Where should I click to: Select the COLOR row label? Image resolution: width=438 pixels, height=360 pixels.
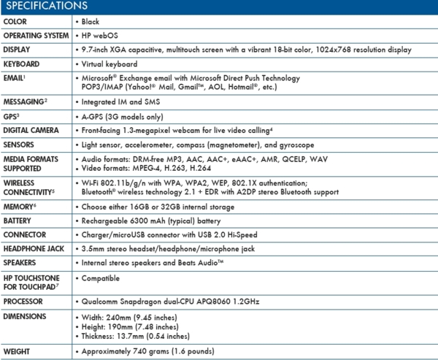(15, 22)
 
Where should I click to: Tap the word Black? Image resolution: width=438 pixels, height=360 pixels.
(91, 22)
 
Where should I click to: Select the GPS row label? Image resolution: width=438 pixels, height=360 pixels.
(12, 116)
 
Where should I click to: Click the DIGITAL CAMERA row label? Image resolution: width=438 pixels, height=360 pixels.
(31, 130)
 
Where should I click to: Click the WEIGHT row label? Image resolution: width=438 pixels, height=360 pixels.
(18, 352)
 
